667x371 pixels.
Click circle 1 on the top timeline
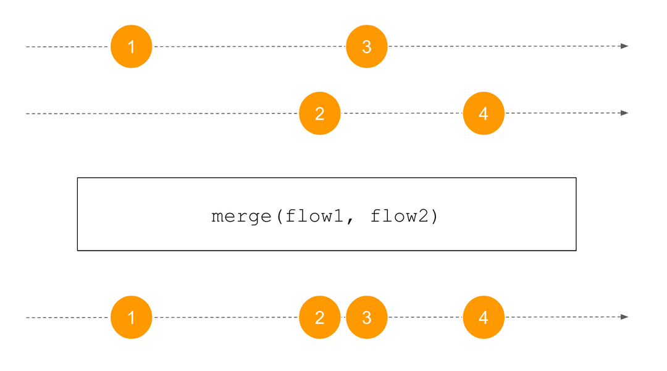tap(131, 46)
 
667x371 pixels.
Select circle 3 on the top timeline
tap(367, 46)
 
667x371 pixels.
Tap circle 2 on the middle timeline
tap(320, 114)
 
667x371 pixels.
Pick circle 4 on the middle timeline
tap(484, 114)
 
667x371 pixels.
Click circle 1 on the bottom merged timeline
tap(131, 317)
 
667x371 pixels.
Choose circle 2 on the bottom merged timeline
tap(320, 317)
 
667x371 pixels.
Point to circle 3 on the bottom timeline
tap(367, 317)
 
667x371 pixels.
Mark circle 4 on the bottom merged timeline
tap(484, 317)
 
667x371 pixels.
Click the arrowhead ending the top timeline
tap(624, 46)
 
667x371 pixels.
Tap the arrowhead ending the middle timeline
tap(624, 113)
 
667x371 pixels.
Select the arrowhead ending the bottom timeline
tap(624, 317)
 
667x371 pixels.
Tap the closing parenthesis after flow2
tap(434, 217)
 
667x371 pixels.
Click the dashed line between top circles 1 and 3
tap(247, 46)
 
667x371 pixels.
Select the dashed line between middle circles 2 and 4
tap(401, 114)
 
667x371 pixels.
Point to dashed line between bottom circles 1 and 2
tap(225, 317)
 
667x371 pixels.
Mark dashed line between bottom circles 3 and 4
tap(425, 317)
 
